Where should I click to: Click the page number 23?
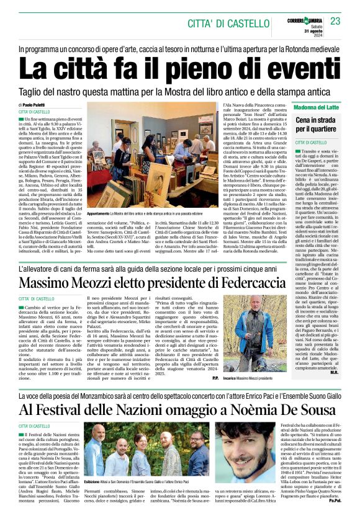(x=336, y=22)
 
